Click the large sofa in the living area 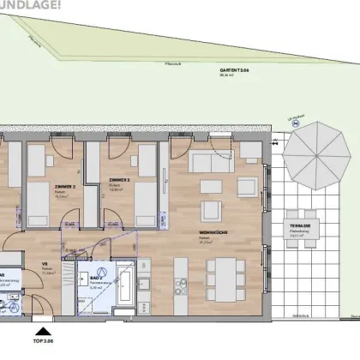[x=207, y=164]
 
